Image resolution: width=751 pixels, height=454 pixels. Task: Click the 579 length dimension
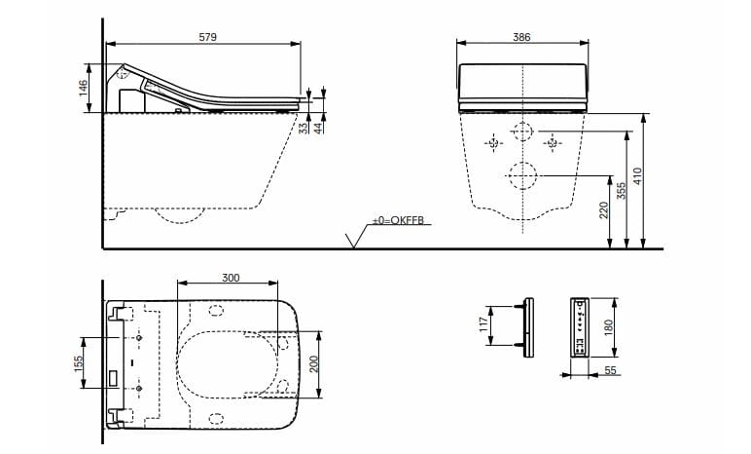(207, 36)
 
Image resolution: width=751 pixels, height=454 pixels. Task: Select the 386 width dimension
(521, 36)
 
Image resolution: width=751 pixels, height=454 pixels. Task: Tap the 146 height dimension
(84, 88)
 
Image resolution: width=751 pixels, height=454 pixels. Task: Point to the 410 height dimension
(638, 177)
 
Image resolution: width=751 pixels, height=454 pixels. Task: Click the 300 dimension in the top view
(230, 278)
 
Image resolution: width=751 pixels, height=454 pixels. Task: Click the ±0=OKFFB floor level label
(398, 223)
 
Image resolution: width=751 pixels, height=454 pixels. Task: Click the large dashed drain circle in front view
(522, 175)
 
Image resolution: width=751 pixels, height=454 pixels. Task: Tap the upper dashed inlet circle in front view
(522, 132)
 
